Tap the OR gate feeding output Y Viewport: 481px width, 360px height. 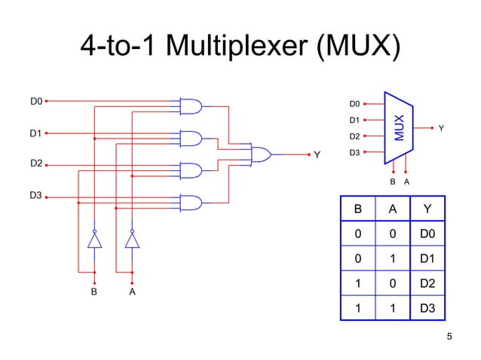[261, 154]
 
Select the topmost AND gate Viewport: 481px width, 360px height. [191, 106]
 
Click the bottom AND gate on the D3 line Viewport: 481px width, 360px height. [191, 203]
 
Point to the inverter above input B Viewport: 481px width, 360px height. [94, 239]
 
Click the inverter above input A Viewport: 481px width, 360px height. [132, 239]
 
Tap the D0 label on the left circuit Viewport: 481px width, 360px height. [36, 100]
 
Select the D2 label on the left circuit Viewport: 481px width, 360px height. [36, 163]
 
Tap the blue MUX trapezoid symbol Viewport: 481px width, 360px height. [399, 128]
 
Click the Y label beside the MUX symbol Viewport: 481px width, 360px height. [442, 129]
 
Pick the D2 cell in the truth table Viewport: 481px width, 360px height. [427, 284]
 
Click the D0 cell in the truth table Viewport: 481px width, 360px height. [427, 236]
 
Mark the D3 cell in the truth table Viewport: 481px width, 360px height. [427, 308]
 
